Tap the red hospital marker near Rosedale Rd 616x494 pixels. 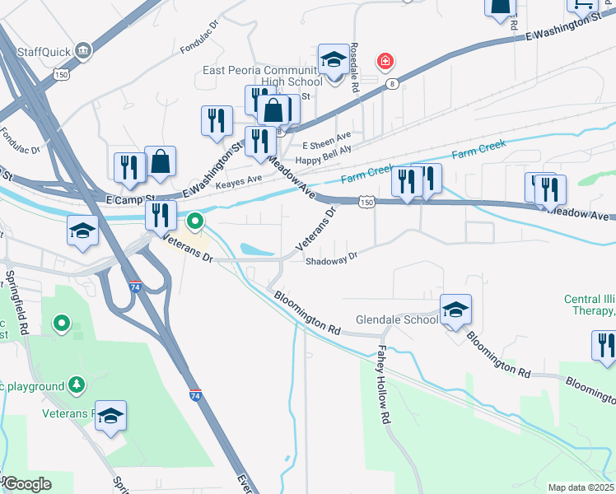[384, 61]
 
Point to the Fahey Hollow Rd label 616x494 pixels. [383, 373]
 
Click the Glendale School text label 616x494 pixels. [396, 319]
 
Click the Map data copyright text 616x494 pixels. [581, 487]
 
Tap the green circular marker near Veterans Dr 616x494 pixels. [195, 221]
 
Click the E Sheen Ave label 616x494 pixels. [327, 134]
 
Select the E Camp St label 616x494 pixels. [131, 199]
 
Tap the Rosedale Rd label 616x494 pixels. [355, 60]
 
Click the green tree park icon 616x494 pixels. [77, 384]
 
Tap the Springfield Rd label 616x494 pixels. [16, 292]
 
